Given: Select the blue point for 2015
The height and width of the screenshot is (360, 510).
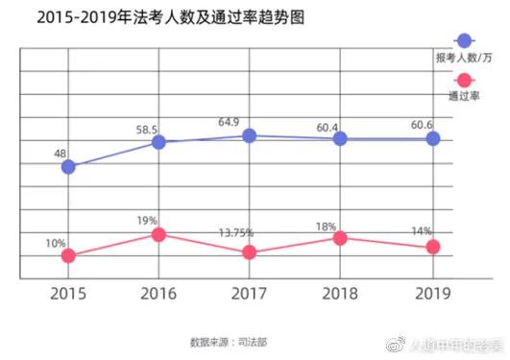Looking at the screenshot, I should (x=68, y=166).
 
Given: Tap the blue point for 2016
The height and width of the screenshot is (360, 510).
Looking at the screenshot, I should (x=158, y=142).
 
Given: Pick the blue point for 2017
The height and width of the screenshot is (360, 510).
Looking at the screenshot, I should (x=250, y=135).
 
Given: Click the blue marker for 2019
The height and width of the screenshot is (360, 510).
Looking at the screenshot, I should (x=432, y=138).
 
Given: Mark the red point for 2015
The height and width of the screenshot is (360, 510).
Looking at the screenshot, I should (x=68, y=255).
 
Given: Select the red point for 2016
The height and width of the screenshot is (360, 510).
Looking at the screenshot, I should (x=158, y=234).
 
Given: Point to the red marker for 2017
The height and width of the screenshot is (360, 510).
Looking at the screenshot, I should (x=250, y=252).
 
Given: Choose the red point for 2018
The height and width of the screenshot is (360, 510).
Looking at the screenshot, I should (x=340, y=237).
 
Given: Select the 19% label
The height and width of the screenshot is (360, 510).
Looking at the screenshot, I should (x=147, y=220).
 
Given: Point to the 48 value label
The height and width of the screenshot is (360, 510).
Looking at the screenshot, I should (x=61, y=151).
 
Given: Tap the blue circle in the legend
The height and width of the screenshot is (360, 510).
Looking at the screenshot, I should (x=465, y=41).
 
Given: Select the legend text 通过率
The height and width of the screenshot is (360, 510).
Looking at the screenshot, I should (x=465, y=97).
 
